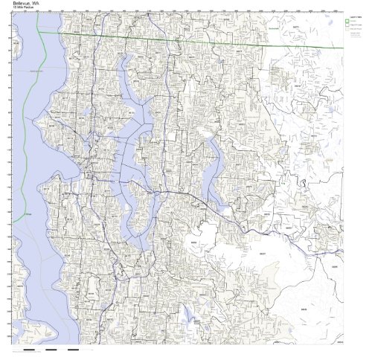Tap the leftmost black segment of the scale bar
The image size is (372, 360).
click(30, 349)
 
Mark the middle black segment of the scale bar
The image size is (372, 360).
click(51, 349)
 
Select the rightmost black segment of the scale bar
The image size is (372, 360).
click(73, 349)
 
